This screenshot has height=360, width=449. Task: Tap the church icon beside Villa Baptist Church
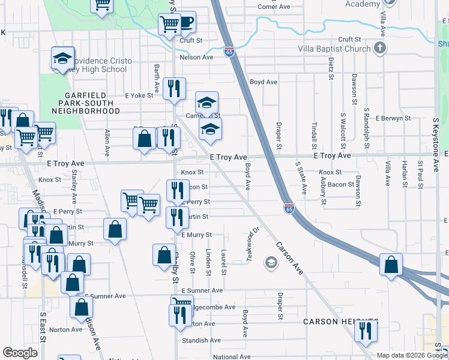pos(379,48)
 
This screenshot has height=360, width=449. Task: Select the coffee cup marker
pos(186,23)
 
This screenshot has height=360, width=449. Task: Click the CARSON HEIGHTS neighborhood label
pos(340,322)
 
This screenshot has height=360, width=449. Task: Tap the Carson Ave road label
pos(291,258)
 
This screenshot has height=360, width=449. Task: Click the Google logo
pos(20,353)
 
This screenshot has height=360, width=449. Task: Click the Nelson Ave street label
pos(197,58)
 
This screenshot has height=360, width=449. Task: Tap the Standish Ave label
pos(202,340)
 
